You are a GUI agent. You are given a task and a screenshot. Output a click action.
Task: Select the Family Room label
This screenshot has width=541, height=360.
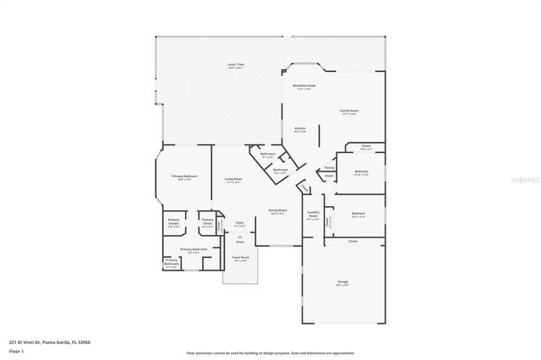[349, 112]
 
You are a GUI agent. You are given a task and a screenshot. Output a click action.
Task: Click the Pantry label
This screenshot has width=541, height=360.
[329, 167]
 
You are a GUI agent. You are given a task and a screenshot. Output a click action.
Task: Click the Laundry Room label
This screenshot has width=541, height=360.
[313, 215]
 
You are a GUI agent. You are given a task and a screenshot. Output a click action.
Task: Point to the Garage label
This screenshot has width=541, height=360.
[343, 281]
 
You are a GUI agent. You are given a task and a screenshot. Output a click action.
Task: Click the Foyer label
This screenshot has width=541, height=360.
[239, 224]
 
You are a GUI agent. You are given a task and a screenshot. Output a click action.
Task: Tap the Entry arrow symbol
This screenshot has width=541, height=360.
[239, 236]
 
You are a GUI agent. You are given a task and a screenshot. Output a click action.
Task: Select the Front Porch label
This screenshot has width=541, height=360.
[240, 258]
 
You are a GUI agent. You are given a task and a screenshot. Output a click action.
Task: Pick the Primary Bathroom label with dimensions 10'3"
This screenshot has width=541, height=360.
[193, 250]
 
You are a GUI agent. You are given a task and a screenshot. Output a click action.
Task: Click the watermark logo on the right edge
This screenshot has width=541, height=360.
[526, 179]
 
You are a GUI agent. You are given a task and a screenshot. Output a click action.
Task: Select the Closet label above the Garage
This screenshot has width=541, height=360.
[353, 241]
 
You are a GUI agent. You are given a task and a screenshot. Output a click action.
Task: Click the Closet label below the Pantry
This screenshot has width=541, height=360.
[329, 176]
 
